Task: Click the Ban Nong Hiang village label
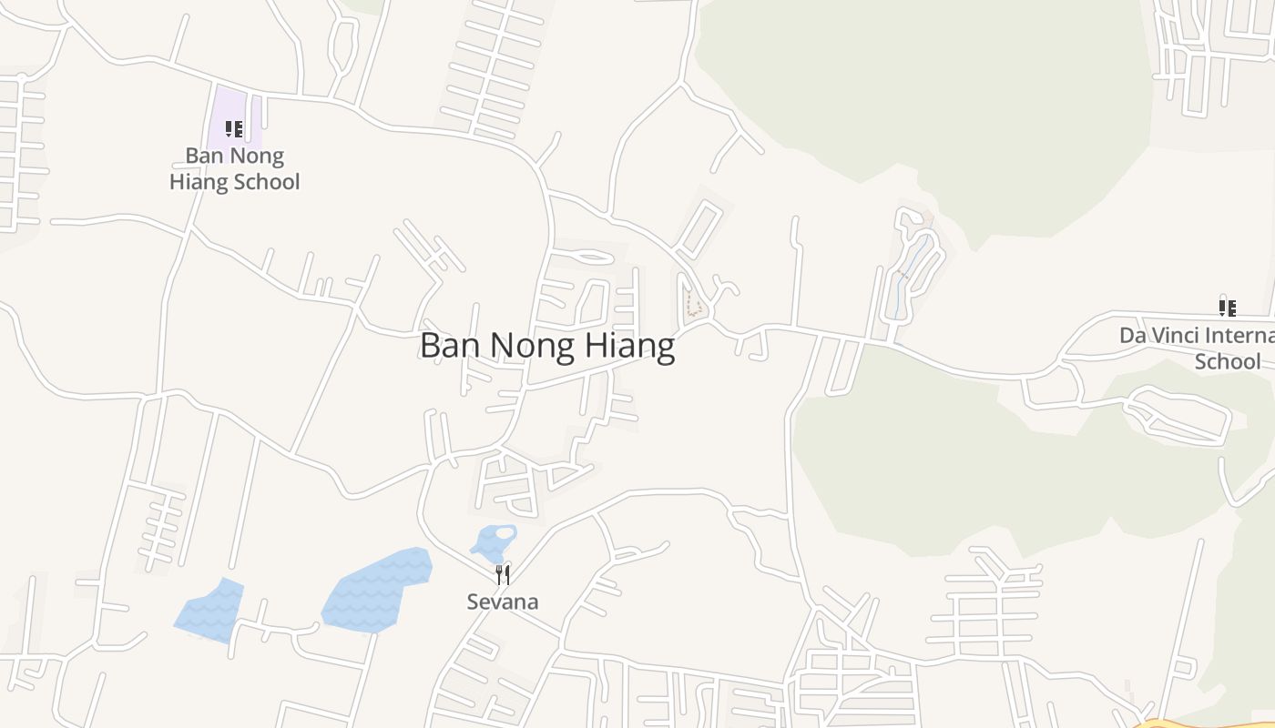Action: click(x=546, y=347)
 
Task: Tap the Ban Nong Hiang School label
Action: click(x=235, y=169)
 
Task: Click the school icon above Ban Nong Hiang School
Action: click(x=234, y=129)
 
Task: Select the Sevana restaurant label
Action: click(x=502, y=602)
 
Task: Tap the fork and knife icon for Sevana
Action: click(x=502, y=574)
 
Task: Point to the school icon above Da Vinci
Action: click(x=1228, y=308)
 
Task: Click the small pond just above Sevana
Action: click(x=495, y=541)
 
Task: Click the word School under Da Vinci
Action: click(x=1227, y=361)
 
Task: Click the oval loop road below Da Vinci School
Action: click(x=1179, y=414)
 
